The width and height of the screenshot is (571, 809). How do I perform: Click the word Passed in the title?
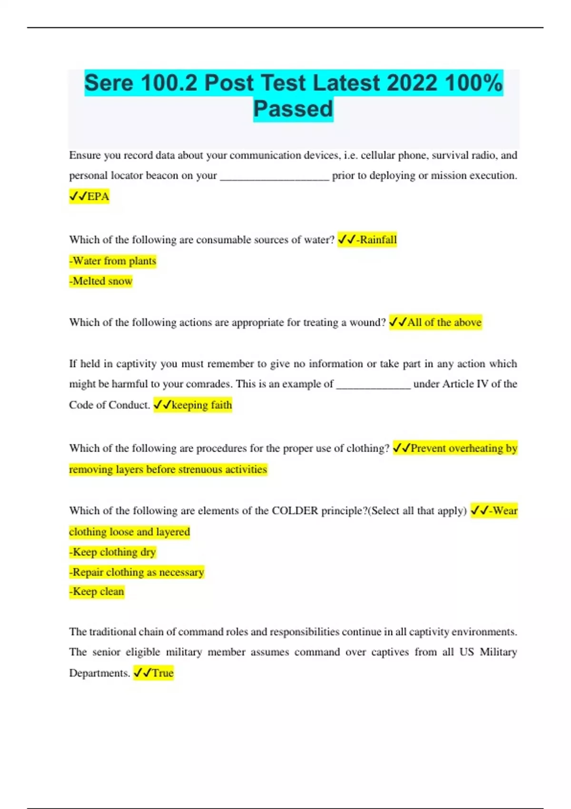click(x=293, y=109)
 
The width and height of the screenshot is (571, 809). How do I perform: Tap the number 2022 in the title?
click(x=412, y=83)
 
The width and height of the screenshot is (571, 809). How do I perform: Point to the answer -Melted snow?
click(x=101, y=281)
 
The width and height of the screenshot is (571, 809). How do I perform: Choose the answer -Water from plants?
click(x=113, y=261)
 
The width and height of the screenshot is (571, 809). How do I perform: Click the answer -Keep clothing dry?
click(x=113, y=552)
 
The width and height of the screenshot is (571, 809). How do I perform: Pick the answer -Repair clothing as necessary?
click(x=137, y=572)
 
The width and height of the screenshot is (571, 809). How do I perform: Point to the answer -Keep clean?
click(x=97, y=592)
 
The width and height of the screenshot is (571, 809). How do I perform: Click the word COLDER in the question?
click(x=295, y=511)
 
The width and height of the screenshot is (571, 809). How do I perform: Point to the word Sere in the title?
click(x=109, y=83)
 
